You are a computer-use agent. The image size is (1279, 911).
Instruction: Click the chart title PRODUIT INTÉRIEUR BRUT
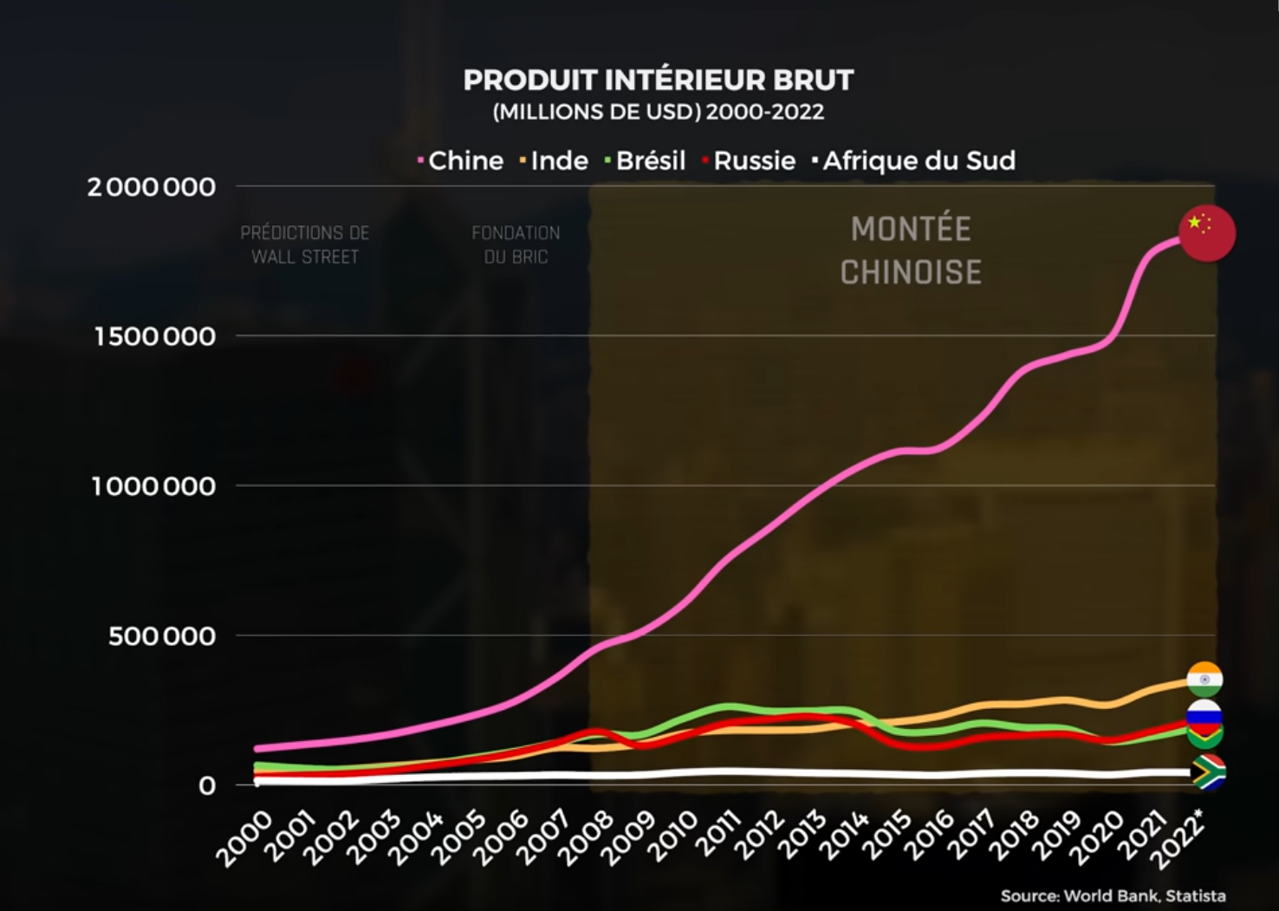tap(659, 81)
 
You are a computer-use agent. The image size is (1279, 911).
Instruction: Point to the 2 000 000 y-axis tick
tap(152, 187)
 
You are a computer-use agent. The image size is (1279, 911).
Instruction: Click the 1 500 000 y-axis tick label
tap(155, 337)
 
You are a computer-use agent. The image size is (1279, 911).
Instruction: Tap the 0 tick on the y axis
tap(207, 786)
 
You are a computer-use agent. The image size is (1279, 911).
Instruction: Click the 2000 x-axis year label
tap(244, 838)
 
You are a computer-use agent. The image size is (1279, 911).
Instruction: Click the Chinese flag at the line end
tap(1207, 233)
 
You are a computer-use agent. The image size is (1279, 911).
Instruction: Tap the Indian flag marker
tap(1205, 680)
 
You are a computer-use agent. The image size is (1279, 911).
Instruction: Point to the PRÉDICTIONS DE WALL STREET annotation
tap(305, 245)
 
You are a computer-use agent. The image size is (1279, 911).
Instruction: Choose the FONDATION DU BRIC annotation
tap(516, 245)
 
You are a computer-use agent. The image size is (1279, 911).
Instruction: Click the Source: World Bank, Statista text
tap(1113, 896)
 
